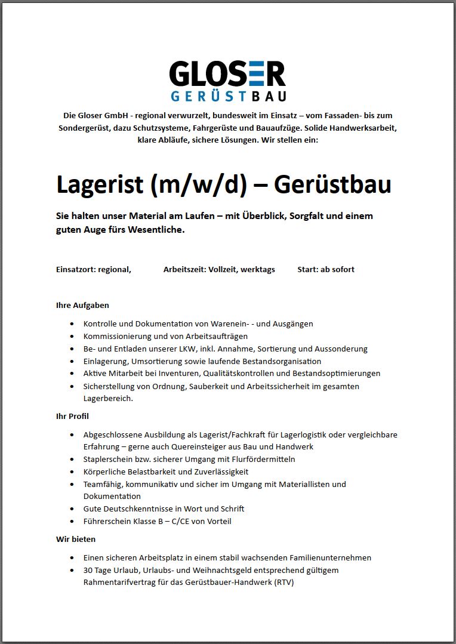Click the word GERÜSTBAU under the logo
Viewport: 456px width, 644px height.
(228, 96)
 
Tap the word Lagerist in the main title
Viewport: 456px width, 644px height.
(100, 184)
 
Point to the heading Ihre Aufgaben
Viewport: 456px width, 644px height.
(82, 305)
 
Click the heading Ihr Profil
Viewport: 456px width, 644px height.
(72, 416)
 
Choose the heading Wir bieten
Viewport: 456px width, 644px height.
(75, 539)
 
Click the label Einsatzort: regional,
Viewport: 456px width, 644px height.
(94, 269)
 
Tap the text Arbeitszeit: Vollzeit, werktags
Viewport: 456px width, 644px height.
(219, 269)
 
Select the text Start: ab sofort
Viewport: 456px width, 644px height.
(326, 269)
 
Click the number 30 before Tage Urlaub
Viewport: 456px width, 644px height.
(89, 570)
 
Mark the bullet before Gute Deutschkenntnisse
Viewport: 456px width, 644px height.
(72, 509)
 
